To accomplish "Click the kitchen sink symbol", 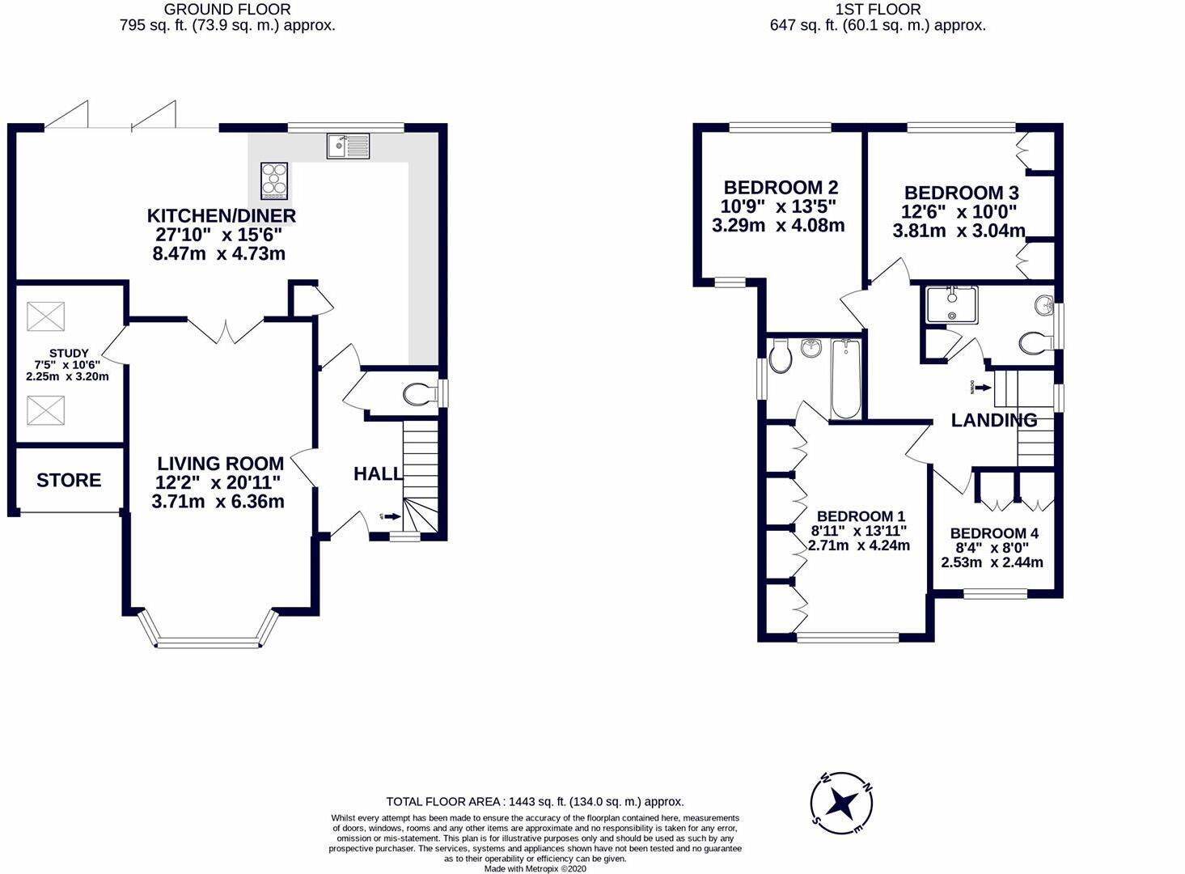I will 348,146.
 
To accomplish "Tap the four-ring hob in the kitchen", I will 273,180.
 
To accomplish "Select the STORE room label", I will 69,481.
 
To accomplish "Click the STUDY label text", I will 69,353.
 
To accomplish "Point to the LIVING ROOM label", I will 220,464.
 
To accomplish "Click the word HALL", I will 377,474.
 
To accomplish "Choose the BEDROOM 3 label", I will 961,193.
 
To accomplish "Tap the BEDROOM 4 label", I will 993,533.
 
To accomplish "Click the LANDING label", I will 993,420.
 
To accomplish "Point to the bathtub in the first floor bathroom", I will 846,379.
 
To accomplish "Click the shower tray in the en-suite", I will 951,305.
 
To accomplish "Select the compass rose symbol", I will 842,804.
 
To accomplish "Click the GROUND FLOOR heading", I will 227,10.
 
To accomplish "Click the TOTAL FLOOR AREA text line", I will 535,802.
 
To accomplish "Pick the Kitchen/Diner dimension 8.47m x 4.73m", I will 218,254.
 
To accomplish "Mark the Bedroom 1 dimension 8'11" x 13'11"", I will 859,531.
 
